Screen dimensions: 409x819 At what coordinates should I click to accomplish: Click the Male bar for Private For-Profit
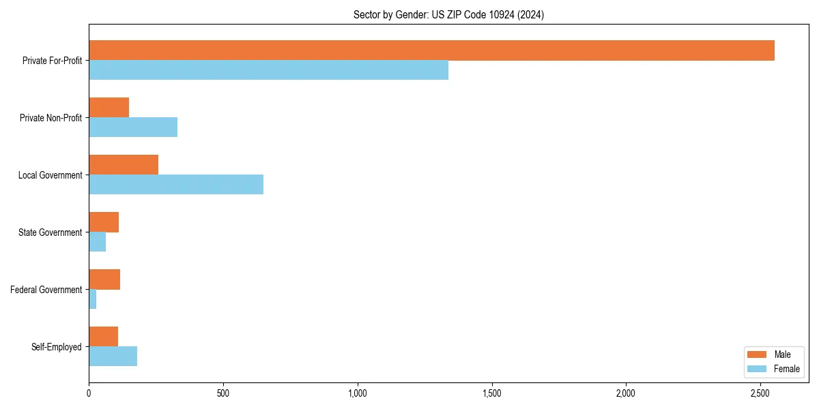tap(431, 50)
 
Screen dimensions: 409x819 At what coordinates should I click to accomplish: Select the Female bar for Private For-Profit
tap(268, 70)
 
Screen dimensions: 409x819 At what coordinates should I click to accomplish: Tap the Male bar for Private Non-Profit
tap(109, 108)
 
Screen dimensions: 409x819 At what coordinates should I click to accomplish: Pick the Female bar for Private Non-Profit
tap(133, 127)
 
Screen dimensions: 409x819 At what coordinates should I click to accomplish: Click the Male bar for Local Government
tap(124, 165)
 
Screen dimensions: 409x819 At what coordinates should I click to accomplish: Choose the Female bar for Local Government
tap(176, 185)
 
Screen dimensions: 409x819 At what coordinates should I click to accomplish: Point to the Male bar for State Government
tap(104, 222)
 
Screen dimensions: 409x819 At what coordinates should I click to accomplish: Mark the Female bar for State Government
tap(97, 242)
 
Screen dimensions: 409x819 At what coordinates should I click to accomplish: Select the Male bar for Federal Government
tap(104, 279)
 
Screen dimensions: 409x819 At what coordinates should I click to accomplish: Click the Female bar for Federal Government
tap(92, 299)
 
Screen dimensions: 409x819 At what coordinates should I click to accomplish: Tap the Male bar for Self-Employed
tap(103, 337)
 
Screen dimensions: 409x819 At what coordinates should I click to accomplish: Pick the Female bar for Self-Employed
tap(113, 357)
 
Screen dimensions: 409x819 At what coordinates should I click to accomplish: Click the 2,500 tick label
tap(760, 393)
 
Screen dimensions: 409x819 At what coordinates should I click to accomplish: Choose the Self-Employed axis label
tap(57, 347)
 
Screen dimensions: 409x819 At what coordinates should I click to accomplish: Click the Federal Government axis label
tap(46, 290)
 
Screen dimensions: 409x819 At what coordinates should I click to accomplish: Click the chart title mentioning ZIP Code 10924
tap(448, 14)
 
